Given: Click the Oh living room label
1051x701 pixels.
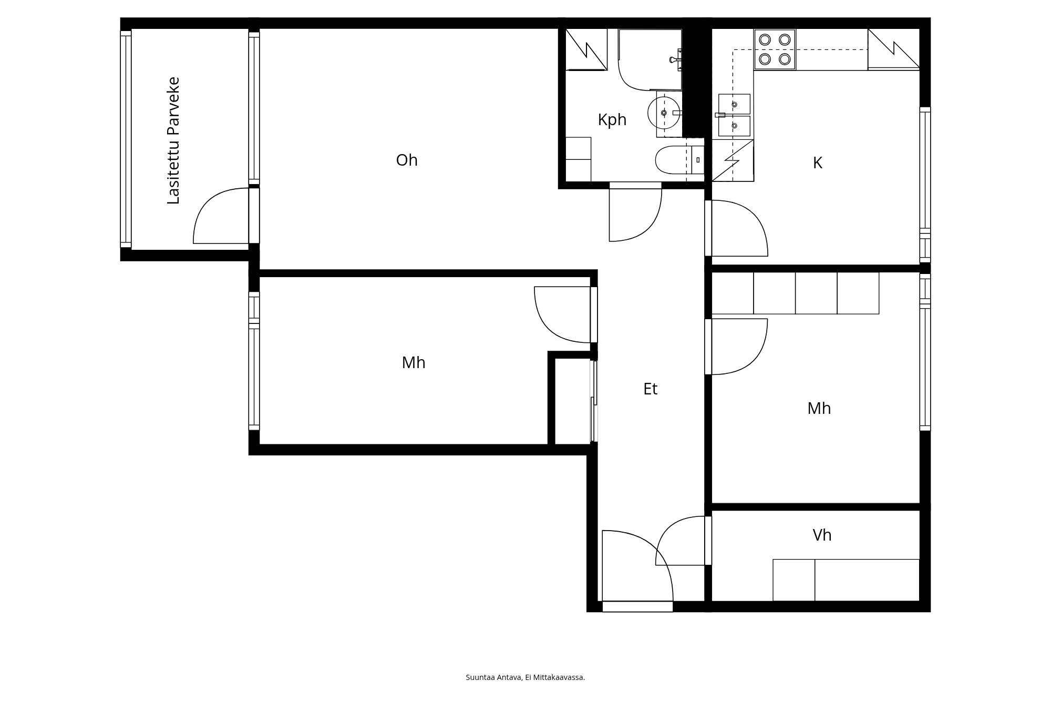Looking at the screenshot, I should pos(407,160).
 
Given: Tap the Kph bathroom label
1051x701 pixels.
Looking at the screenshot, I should pos(612,120).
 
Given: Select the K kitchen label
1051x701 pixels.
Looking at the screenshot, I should pos(817,163).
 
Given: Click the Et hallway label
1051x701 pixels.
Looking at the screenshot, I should pos(650,389).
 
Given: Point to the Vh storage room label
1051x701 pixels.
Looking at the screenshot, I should pos(822,535).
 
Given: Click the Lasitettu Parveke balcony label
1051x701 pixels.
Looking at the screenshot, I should pos(173,140).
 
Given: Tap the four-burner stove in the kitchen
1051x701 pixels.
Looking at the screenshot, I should pos(775,49).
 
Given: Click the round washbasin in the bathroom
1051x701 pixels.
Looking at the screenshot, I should pos(664,113).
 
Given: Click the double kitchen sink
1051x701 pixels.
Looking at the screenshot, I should pos(734,115).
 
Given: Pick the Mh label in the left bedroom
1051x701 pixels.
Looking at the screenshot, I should pos(414,362).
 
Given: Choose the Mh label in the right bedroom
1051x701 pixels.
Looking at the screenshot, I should pos(819,408).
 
